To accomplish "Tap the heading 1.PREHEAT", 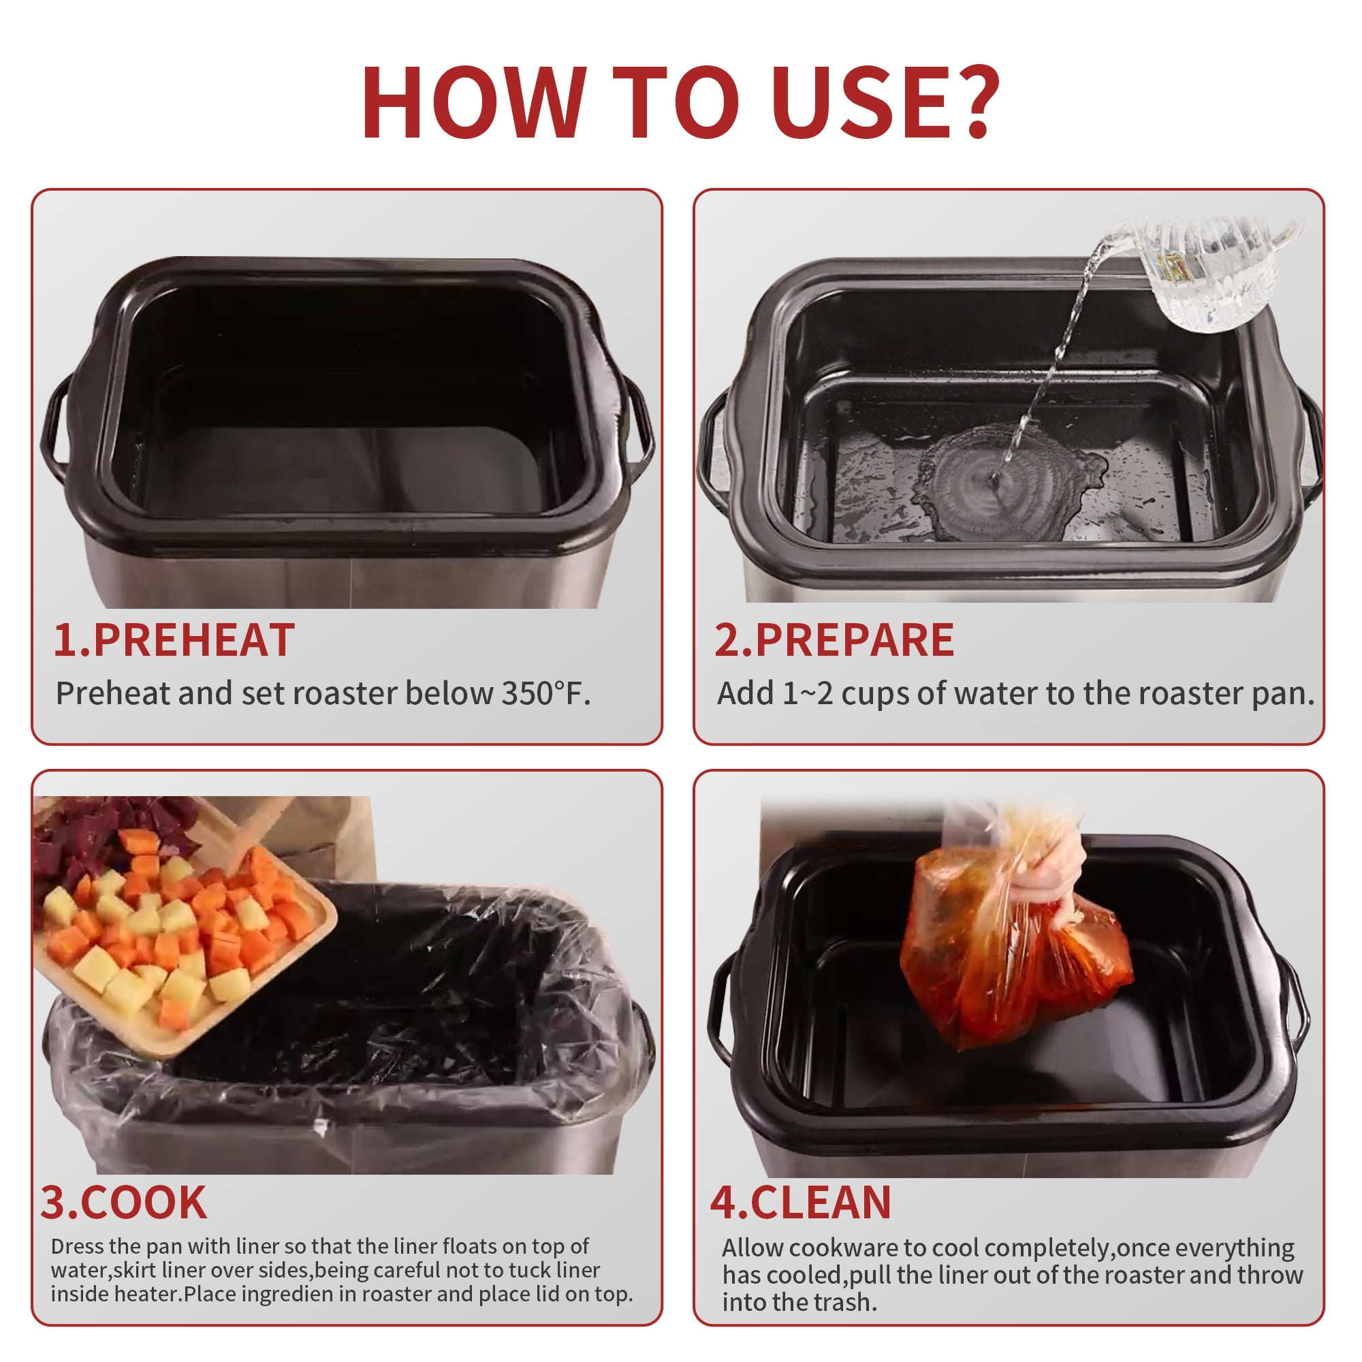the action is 174,640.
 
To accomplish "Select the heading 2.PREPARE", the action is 835,640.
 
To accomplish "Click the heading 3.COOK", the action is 124,1203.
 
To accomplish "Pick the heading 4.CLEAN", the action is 801,1203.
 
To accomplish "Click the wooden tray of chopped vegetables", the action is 180,930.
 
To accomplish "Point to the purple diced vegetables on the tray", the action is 106,832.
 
